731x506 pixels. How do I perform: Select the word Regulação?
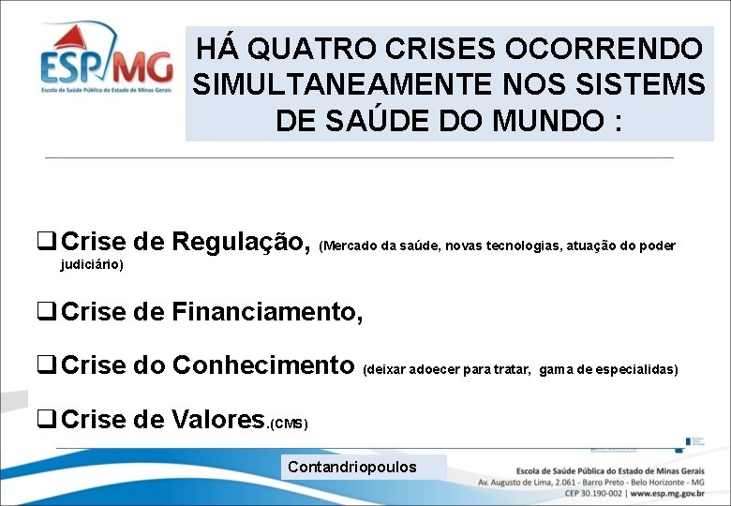[x=241, y=242]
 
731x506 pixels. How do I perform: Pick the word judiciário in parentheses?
[x=92, y=265]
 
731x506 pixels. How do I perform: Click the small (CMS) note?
[x=288, y=424]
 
